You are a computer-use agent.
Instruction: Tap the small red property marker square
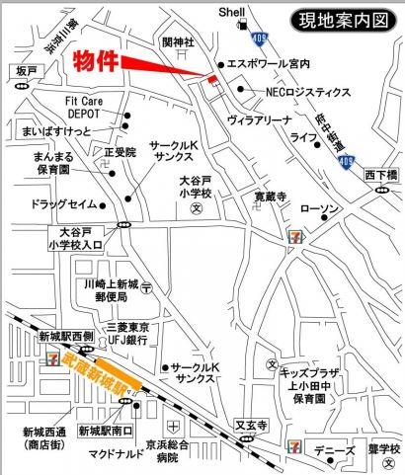click(x=208, y=78)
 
